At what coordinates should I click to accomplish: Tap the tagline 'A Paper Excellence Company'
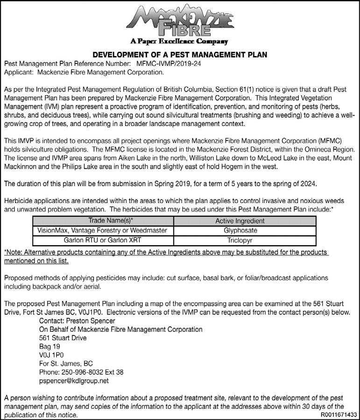click(x=179, y=42)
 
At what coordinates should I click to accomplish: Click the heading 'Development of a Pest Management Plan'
click(x=180, y=55)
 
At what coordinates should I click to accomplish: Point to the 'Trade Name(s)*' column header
click(x=103, y=221)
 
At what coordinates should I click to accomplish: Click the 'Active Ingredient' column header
click(x=240, y=221)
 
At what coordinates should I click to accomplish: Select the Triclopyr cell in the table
click(x=240, y=241)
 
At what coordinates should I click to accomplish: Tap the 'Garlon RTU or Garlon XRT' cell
click(x=103, y=241)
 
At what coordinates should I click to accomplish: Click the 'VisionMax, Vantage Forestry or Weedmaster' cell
click(x=103, y=231)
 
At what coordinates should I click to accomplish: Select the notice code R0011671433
click(x=339, y=414)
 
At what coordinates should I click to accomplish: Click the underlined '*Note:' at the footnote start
click(x=14, y=252)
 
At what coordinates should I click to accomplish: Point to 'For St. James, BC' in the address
click(x=66, y=364)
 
